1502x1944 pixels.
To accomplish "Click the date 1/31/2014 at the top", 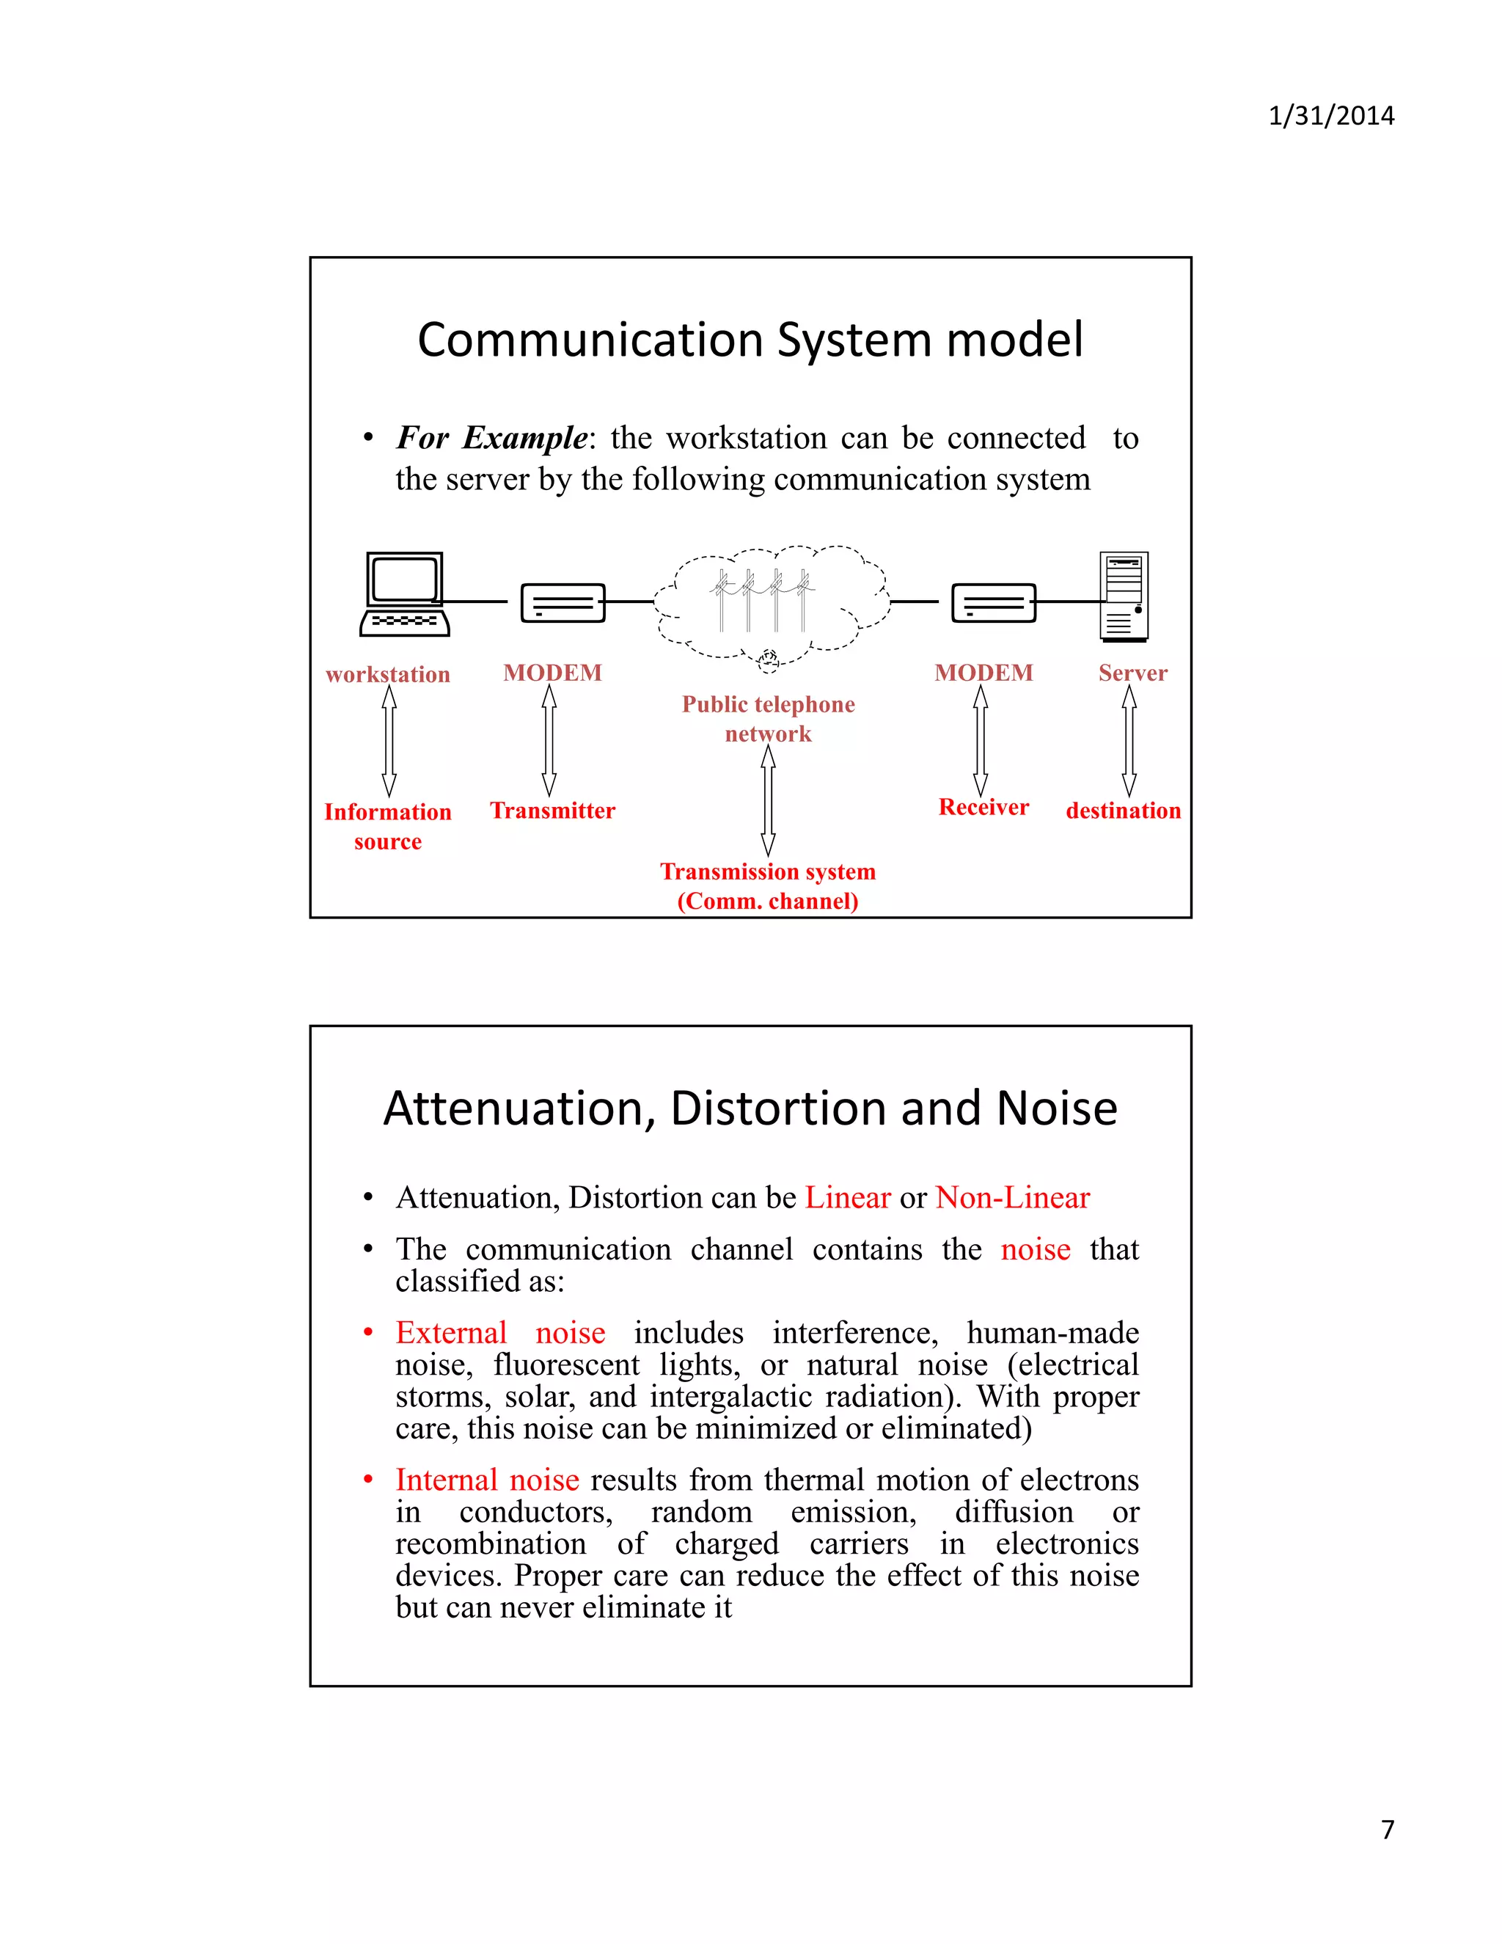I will pos(1330,116).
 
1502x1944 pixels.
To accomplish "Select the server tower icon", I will pos(1124,596).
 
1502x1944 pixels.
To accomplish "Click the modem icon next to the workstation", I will pos(563,602).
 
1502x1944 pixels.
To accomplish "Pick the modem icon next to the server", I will pos(993,602).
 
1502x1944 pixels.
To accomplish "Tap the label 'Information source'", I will pos(388,826).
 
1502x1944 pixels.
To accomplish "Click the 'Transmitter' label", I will pos(552,811).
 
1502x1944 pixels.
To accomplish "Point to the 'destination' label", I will pos(1123,811).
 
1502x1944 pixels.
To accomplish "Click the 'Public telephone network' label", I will pos(768,718).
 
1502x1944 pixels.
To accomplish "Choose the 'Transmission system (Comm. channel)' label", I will pos(768,885).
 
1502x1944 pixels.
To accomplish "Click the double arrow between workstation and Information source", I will pos(389,741).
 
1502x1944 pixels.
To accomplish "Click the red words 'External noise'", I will pos(500,1332).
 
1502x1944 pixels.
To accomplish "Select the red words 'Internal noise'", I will pos(487,1480).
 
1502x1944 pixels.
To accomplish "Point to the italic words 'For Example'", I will pos(491,438).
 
